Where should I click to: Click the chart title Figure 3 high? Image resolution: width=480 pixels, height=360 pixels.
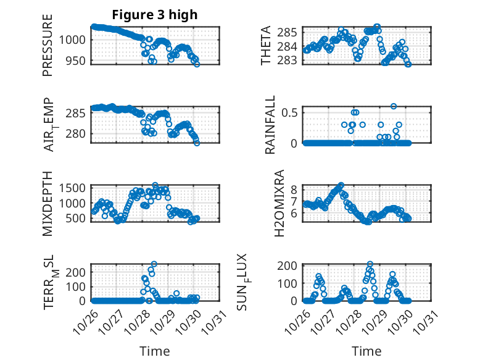pos(154,15)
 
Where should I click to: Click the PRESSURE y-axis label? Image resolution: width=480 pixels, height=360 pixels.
pos(48,49)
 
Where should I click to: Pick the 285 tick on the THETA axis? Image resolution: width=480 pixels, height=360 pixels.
pos(291,31)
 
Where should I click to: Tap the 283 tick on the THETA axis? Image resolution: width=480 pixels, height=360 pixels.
pos(291,60)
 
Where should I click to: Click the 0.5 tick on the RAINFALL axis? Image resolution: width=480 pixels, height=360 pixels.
pos(291,112)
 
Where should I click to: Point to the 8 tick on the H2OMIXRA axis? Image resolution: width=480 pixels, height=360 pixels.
pos(295,189)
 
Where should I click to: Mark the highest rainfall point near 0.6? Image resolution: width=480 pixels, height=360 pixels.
pos(394,106)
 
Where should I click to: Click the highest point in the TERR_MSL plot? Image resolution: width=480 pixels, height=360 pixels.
pos(154,264)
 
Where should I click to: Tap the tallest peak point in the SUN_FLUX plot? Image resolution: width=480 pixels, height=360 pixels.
pos(370,264)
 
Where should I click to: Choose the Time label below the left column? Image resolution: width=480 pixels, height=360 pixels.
pos(154,351)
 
